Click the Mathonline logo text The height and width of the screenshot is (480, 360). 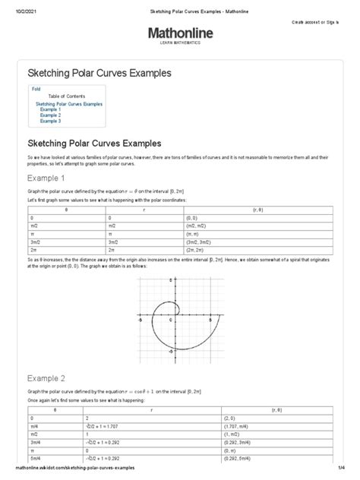(x=180, y=33)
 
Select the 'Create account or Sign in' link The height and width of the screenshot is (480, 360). (x=325, y=23)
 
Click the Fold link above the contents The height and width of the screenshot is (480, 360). (x=36, y=89)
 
